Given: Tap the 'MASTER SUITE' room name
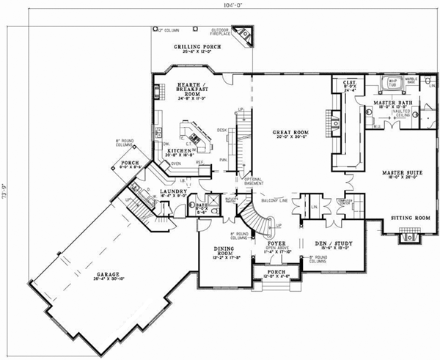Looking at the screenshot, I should pos(403,173).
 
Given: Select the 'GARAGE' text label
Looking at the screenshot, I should pos(108,275).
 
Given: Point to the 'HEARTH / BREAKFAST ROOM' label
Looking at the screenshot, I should pos(192,89).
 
